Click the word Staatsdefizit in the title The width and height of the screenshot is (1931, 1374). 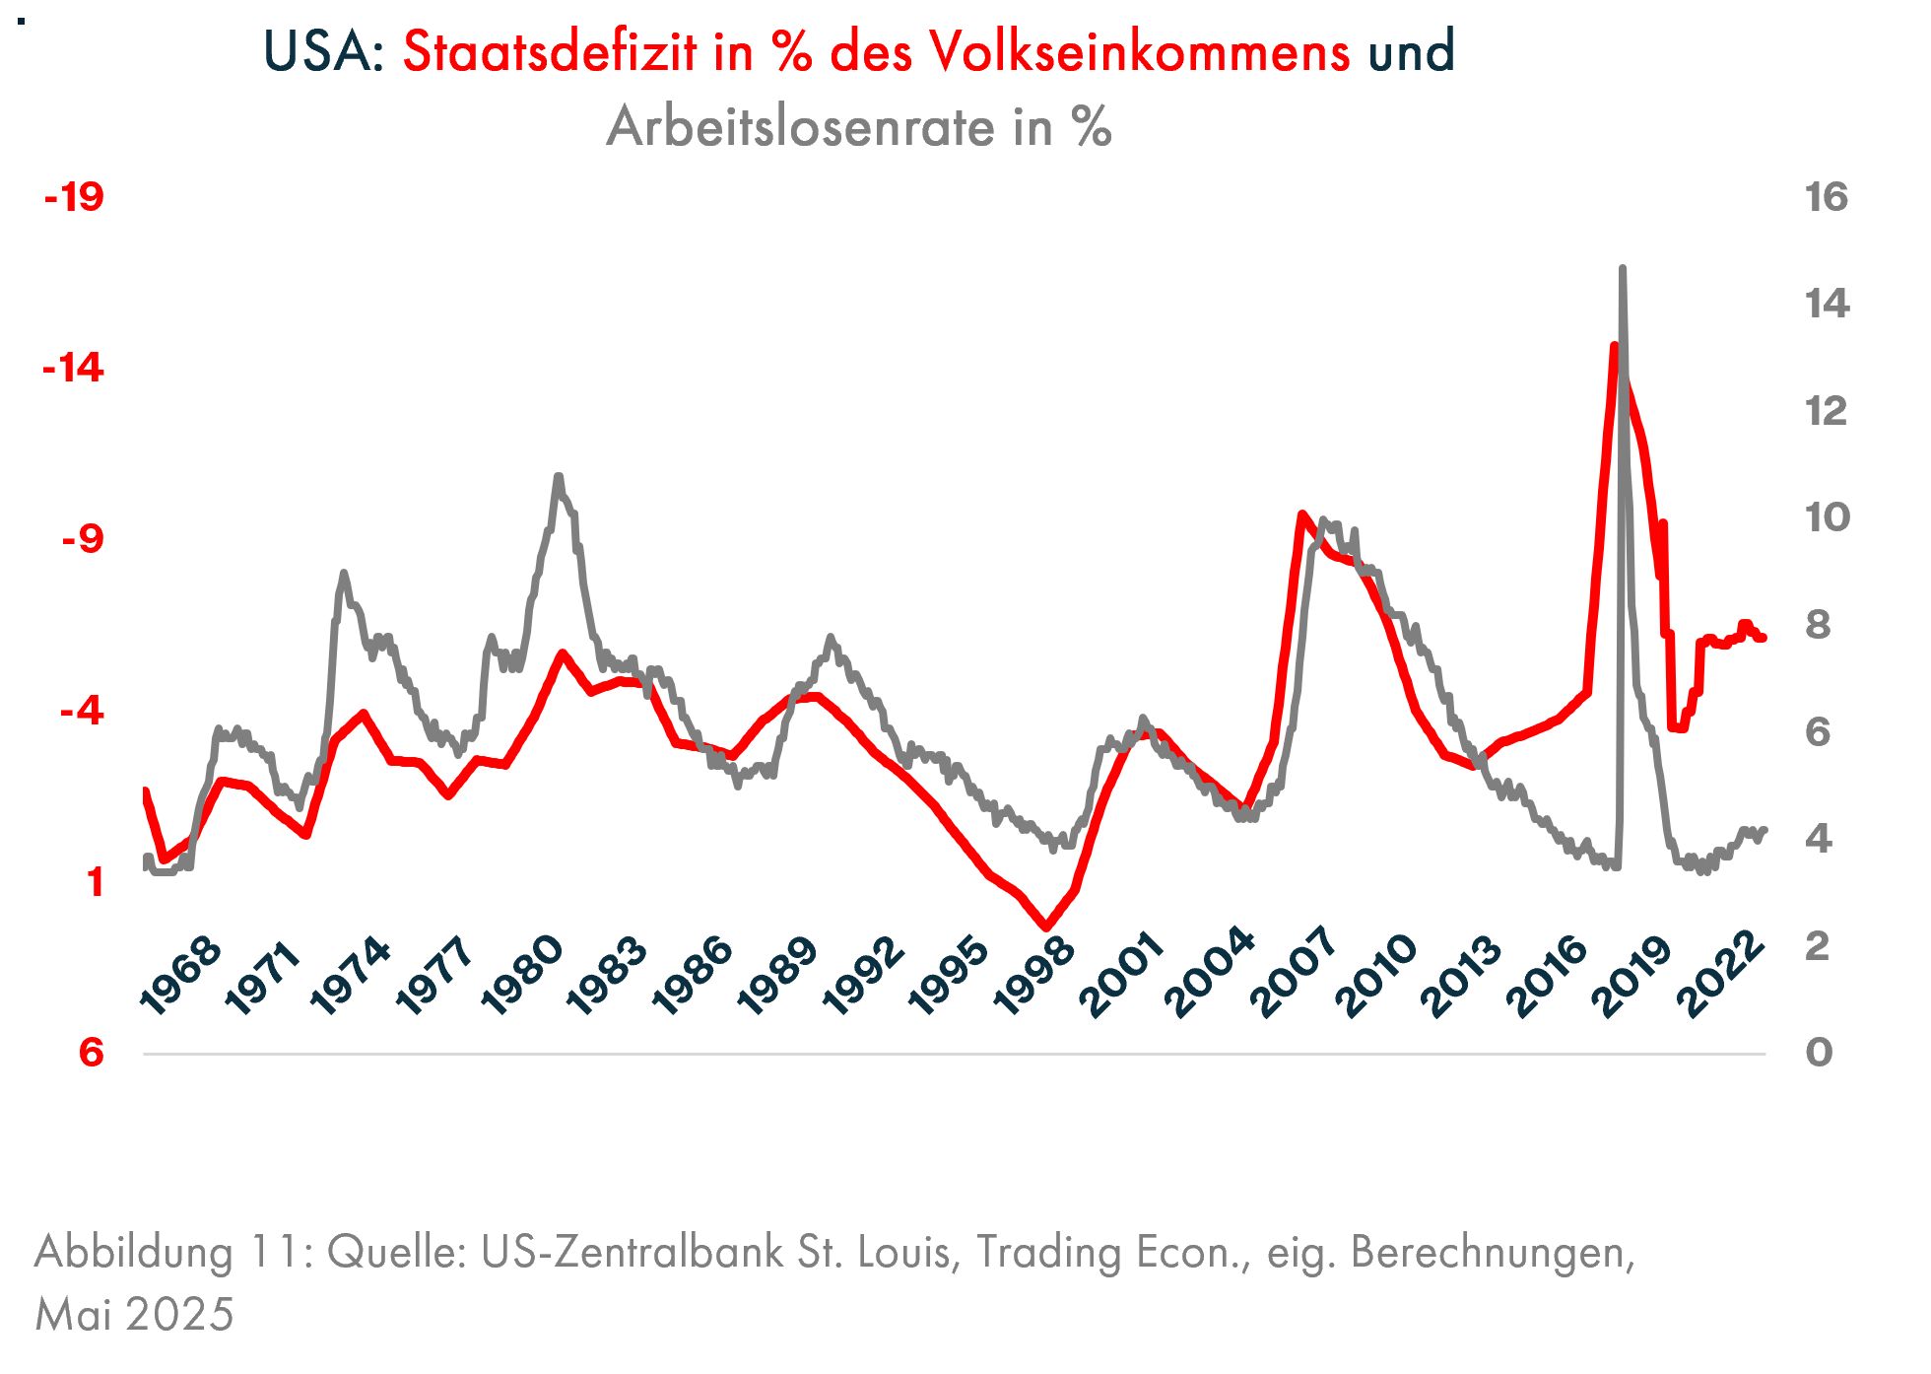[550, 51]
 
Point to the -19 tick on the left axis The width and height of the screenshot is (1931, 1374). [74, 197]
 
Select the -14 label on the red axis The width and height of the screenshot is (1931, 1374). [73, 369]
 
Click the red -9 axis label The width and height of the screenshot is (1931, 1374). [82, 539]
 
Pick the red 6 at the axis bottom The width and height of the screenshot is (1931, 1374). [91, 1053]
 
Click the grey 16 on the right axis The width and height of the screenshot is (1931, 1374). [1826, 197]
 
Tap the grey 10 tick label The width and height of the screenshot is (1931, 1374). [1827, 517]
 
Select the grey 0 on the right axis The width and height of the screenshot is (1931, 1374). [1819, 1053]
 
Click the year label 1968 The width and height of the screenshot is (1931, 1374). [181, 975]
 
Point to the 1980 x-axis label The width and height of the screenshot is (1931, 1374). [522, 975]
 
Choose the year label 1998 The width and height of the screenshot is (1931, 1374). [1033, 975]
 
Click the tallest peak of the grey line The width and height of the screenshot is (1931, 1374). [1622, 268]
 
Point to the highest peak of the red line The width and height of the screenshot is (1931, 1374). [1614, 346]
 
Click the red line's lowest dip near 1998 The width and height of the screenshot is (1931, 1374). [1046, 927]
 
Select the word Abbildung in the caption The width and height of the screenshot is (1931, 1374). [134, 1252]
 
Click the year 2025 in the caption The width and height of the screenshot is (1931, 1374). [180, 1314]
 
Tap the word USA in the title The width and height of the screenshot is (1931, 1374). [323, 51]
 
